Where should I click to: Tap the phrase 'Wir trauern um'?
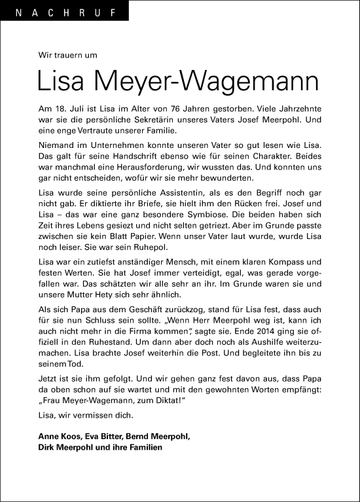(x=67, y=56)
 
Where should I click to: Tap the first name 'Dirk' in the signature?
(x=47, y=447)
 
